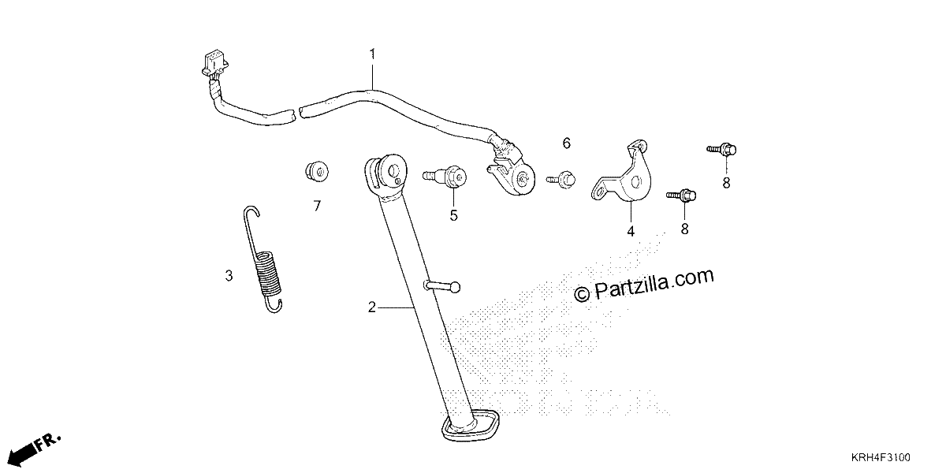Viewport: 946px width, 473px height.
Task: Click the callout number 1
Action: pyautogui.click(x=372, y=54)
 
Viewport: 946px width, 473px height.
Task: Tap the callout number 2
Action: pyautogui.click(x=371, y=307)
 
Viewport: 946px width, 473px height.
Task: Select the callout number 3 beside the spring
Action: pyautogui.click(x=229, y=276)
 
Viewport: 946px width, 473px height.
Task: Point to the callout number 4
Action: pyautogui.click(x=631, y=232)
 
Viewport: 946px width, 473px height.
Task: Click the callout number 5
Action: pyautogui.click(x=453, y=216)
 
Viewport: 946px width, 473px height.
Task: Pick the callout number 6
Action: pyautogui.click(x=566, y=143)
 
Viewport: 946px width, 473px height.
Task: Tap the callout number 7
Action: pyautogui.click(x=317, y=206)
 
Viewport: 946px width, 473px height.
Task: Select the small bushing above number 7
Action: pyautogui.click(x=317, y=171)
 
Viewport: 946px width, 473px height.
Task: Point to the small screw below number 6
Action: pyautogui.click(x=561, y=180)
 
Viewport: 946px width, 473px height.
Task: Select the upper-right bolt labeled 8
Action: pyautogui.click(x=722, y=150)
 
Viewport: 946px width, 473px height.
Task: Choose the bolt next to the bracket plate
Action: pyautogui.click(x=681, y=196)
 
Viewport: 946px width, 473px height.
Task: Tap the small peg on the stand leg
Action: pyautogui.click(x=442, y=286)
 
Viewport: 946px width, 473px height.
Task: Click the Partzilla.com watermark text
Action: pyautogui.click(x=644, y=285)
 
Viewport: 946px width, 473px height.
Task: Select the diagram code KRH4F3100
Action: pyautogui.click(x=881, y=457)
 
